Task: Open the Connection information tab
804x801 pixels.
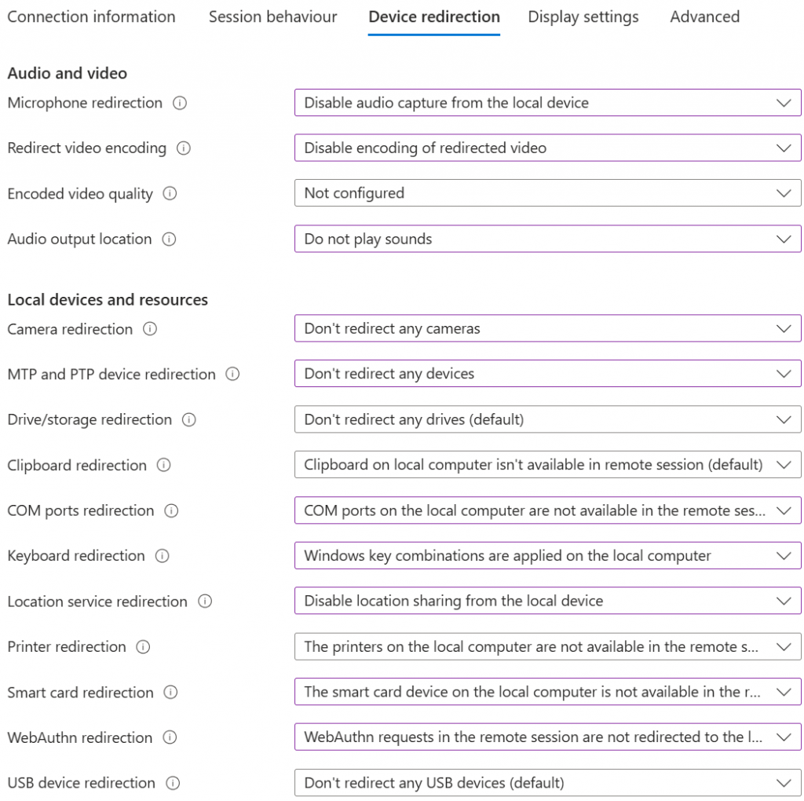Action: click(x=91, y=16)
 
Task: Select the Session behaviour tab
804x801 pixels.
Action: click(x=272, y=16)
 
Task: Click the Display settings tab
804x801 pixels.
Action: click(x=583, y=16)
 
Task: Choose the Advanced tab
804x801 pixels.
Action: click(x=704, y=16)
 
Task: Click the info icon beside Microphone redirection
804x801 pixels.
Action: click(x=180, y=103)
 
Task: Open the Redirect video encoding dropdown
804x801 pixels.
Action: click(x=547, y=148)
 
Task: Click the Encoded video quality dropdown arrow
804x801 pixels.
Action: click(x=783, y=193)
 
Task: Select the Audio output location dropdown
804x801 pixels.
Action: click(x=547, y=239)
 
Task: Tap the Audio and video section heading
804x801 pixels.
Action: click(x=67, y=73)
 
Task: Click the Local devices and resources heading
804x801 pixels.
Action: click(x=108, y=299)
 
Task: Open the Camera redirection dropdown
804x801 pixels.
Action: click(x=547, y=329)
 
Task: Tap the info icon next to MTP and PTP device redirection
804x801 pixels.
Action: click(x=232, y=375)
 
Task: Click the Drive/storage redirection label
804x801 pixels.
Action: click(x=90, y=419)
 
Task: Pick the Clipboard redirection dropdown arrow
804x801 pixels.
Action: click(x=783, y=465)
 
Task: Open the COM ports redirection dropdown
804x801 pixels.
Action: click(x=547, y=510)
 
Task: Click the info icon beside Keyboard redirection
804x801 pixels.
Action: click(x=163, y=556)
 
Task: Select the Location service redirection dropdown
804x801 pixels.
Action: click(x=547, y=602)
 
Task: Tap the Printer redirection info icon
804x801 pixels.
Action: click(x=143, y=647)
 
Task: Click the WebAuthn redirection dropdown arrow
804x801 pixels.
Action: click(x=783, y=737)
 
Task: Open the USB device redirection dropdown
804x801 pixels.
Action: click(x=547, y=783)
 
